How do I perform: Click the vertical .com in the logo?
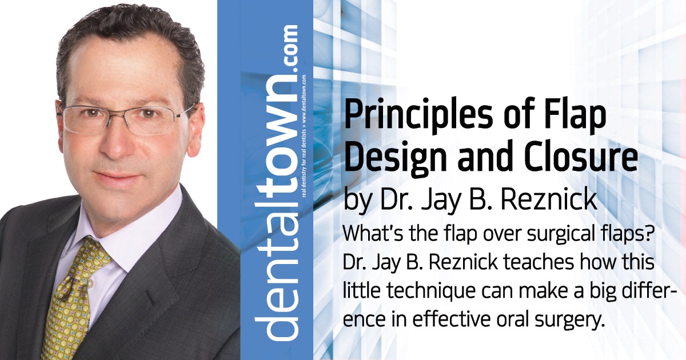point(289,49)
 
